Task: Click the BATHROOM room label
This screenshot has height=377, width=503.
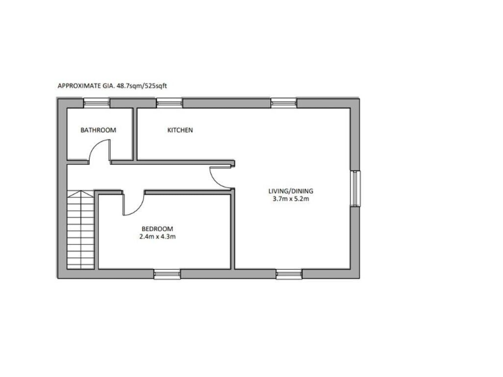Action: (98, 130)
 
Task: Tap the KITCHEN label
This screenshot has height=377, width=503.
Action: (180, 130)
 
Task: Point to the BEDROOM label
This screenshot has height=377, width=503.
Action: (157, 228)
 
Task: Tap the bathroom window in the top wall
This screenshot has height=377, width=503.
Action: (96, 102)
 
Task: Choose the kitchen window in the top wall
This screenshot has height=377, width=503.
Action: (169, 102)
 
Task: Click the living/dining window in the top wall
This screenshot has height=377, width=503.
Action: (283, 102)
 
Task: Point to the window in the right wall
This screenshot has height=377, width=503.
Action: (354, 188)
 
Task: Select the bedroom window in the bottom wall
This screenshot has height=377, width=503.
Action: (167, 274)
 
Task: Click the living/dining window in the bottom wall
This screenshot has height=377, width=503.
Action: (288, 274)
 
